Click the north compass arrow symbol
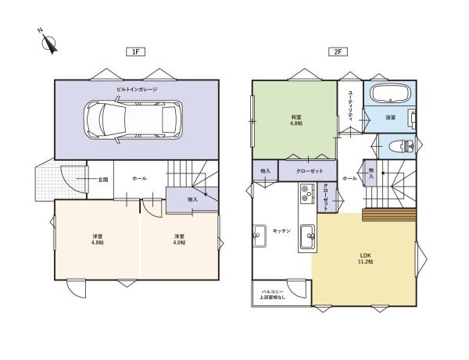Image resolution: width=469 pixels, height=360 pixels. pos(49,43)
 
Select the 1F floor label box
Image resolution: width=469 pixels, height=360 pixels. pos(135,52)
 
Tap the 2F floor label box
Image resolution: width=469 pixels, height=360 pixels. pos(338,52)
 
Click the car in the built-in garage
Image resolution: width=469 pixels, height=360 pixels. pos(133,119)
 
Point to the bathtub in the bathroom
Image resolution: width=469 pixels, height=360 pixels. pos(389,93)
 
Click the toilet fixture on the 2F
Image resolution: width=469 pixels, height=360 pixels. pos(402,146)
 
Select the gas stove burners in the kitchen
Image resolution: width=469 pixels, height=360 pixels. pos(306,194)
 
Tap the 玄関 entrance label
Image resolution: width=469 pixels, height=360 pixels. pos(102,180)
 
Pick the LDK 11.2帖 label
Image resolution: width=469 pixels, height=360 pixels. pos(365,258)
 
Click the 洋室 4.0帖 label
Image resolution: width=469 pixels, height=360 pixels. pos(179,239)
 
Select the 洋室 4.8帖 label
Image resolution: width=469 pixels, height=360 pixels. pos(97,239)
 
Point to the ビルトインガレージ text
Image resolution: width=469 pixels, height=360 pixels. pos(137,89)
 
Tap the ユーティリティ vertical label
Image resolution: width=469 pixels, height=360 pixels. pos(350,105)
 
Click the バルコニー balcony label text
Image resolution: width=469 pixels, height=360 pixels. pos(272,291)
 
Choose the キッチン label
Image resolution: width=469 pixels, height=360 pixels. pos(281,230)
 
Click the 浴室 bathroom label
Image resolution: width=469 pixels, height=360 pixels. pos(390,117)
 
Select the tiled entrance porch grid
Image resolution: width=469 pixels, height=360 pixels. pos(60,180)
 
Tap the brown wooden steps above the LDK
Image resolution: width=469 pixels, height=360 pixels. pos(388,215)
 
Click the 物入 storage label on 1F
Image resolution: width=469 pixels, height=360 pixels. pos(192,199)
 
